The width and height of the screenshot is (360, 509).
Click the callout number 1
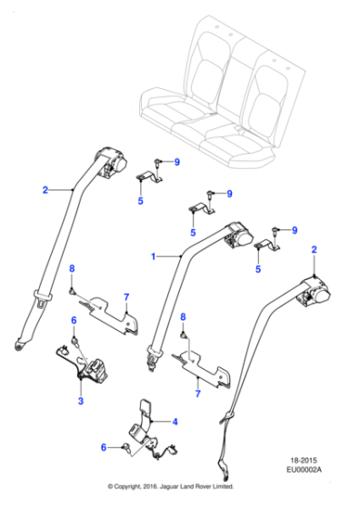pyautogui.click(x=154, y=257)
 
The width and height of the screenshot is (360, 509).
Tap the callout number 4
pyautogui.click(x=176, y=421)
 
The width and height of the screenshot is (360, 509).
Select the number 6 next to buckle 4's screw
pyautogui.click(x=103, y=446)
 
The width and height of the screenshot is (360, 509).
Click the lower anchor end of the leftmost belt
pyautogui.click(x=20, y=344)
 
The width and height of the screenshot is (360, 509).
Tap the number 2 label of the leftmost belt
pyautogui.click(x=44, y=190)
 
